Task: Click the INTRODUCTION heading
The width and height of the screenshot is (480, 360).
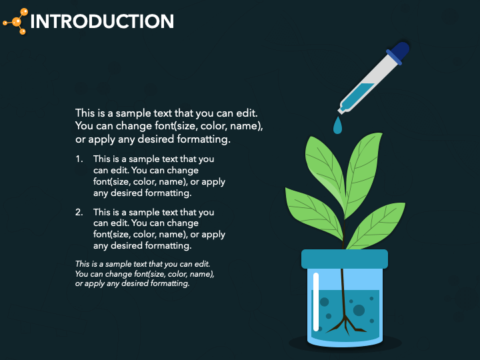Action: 102,21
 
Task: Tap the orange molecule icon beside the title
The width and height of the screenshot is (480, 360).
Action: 15,21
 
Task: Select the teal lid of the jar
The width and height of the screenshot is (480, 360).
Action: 344,259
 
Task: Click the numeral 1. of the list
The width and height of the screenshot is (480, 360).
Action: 79,159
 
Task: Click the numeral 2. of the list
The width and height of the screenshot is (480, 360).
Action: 79,213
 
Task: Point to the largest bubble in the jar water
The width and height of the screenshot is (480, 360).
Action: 359,310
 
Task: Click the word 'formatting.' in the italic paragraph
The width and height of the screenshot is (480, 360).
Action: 171,283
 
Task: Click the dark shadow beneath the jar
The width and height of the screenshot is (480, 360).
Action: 345,345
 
